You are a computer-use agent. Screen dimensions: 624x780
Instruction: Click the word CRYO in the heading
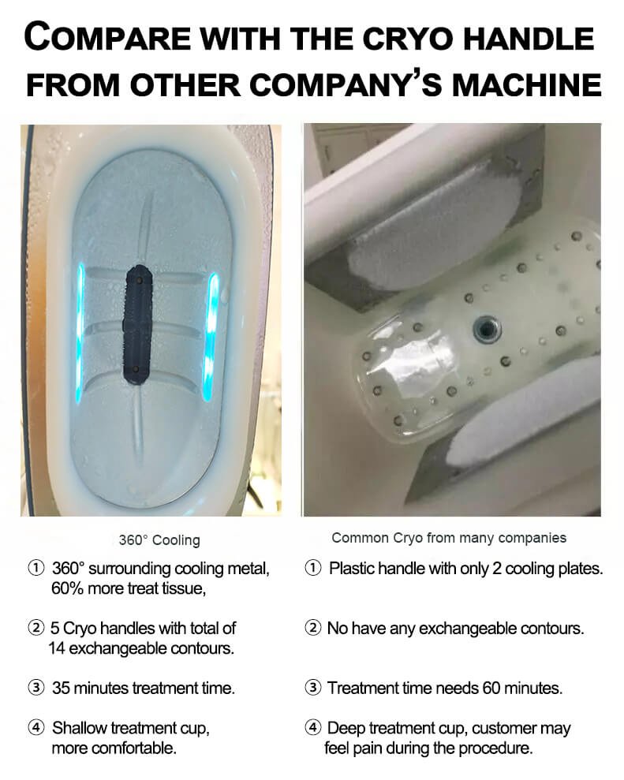[x=412, y=39]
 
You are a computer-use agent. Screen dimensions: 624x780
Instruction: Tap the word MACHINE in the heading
[x=526, y=84]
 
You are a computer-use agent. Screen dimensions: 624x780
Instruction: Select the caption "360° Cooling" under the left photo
[x=159, y=539]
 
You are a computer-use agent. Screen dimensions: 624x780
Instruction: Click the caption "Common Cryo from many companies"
[x=449, y=538]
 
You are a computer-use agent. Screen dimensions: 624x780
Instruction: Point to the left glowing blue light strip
[x=80, y=334]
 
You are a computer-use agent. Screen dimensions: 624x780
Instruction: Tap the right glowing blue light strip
[x=212, y=336]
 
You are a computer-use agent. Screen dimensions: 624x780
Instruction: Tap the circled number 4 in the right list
[x=312, y=728]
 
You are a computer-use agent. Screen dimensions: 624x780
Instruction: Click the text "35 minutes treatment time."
[x=144, y=688]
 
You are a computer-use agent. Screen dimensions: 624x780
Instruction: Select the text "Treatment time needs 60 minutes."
[x=445, y=688]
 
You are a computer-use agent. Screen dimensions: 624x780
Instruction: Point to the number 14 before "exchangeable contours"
[x=58, y=648]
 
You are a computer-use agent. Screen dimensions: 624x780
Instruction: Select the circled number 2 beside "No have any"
[x=312, y=629]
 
